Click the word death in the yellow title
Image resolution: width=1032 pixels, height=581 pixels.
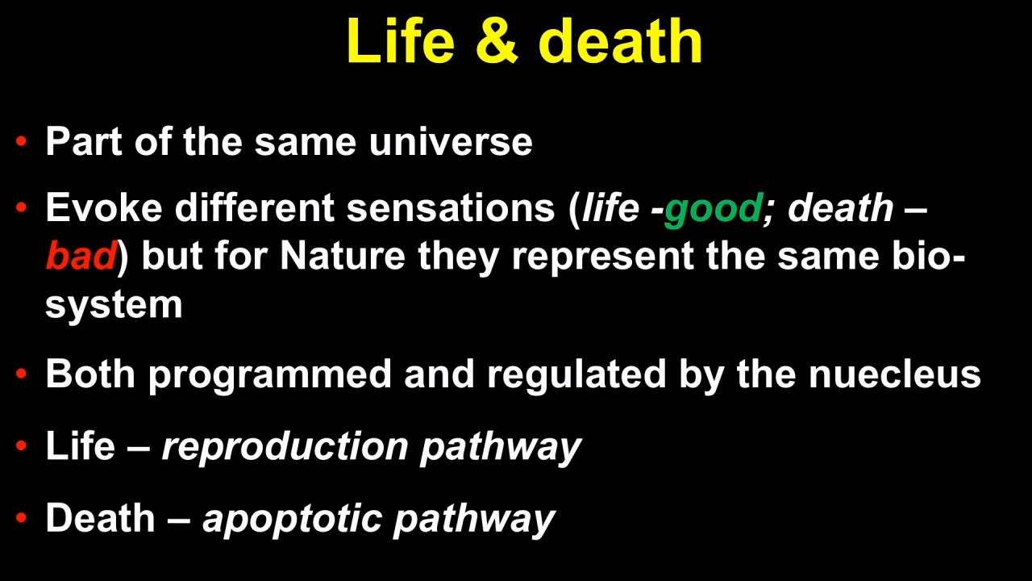620,40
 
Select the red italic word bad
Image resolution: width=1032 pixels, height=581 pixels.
81,255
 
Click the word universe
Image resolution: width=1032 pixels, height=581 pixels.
451,141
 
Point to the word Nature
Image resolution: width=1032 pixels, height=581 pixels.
343,255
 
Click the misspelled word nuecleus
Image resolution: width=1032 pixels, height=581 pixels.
895,374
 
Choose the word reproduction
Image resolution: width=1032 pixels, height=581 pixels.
285,447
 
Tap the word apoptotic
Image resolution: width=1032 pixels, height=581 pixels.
293,519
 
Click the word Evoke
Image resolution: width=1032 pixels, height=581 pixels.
104,208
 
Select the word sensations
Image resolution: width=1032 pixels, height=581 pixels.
451,208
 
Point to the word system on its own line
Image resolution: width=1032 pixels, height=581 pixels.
114,305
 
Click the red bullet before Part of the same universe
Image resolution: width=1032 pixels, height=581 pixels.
21,140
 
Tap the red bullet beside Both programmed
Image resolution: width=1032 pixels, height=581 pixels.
21,373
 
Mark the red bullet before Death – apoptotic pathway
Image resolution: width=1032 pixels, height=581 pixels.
21,517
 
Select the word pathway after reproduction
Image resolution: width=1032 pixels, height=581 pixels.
501,447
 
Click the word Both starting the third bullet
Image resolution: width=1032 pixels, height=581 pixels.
90,374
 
